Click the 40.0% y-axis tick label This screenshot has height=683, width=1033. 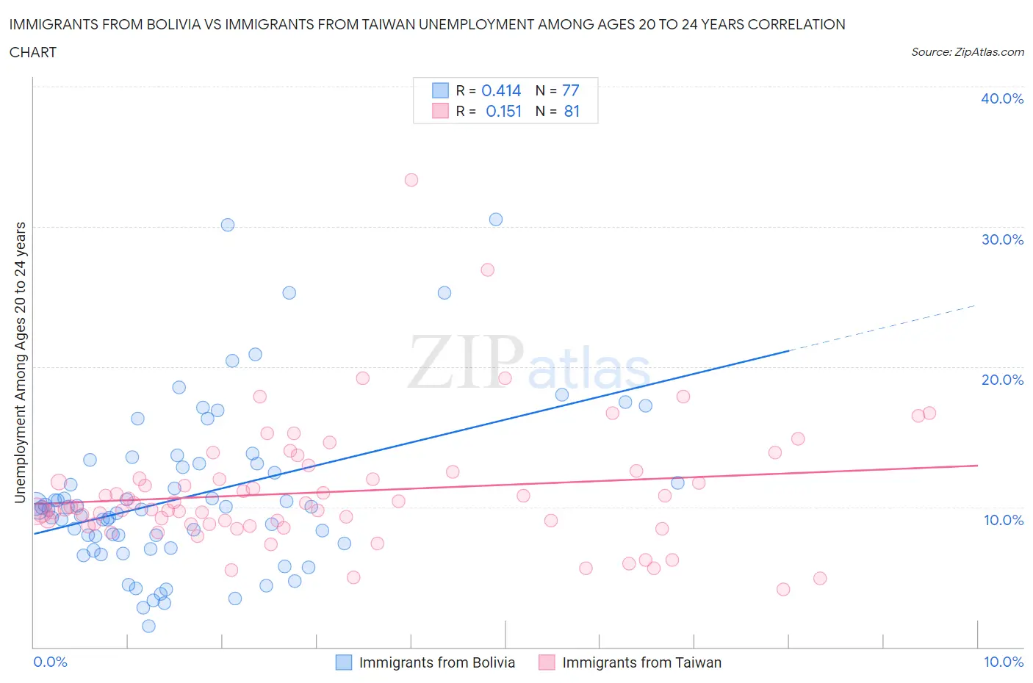[x=1001, y=98]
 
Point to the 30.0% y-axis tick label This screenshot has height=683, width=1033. [x=1001, y=239]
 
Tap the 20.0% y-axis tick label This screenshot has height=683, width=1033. [x=1001, y=380]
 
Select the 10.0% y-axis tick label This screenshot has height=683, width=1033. [x=1003, y=520]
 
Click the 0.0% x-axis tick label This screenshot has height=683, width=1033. [x=50, y=662]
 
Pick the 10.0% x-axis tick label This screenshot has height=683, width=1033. [x=1003, y=662]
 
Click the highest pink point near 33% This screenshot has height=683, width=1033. [x=411, y=180]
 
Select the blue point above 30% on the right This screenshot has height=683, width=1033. [x=496, y=220]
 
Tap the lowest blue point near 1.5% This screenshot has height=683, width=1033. [x=148, y=626]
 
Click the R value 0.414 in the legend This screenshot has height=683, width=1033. [x=501, y=90]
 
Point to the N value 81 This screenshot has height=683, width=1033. [x=572, y=111]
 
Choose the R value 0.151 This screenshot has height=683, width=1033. [x=503, y=111]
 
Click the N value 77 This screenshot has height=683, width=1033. [x=570, y=90]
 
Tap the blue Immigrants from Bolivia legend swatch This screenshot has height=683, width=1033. [x=344, y=662]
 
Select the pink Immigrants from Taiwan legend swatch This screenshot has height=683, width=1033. [x=547, y=662]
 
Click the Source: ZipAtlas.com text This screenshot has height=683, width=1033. [x=967, y=52]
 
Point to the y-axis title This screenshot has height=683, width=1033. [x=20, y=362]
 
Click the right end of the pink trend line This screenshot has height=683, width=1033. [x=976, y=466]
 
